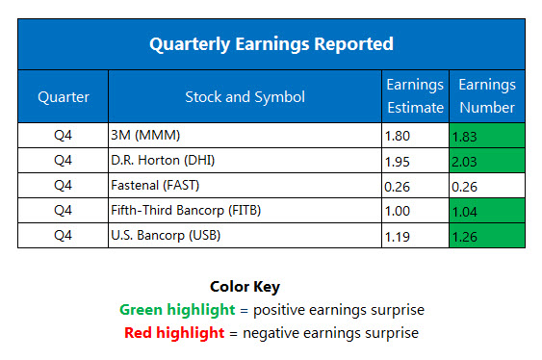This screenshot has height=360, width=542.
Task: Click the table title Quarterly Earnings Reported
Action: (271, 43)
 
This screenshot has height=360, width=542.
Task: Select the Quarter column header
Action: (63, 96)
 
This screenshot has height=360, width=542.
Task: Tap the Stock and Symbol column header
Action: (245, 96)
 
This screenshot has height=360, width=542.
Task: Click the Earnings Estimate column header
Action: (415, 96)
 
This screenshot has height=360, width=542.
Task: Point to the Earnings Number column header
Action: (486, 96)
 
